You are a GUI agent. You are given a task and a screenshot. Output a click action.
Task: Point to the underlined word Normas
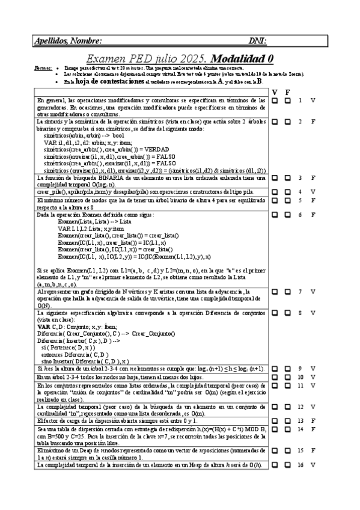(x=43, y=69)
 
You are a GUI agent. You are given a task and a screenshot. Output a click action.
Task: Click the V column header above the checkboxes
(x=275, y=92)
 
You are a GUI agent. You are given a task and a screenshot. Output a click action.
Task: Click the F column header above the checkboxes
(x=288, y=92)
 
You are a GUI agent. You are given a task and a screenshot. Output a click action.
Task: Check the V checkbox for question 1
(x=275, y=100)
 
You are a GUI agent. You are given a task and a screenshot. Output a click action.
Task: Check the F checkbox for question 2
(x=288, y=121)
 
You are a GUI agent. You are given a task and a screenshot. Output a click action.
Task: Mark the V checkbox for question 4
(x=275, y=192)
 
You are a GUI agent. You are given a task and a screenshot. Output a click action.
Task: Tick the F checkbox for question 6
(x=288, y=215)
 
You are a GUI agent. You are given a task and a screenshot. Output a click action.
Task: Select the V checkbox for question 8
(x=275, y=313)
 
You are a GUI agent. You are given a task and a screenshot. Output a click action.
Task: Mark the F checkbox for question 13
(x=288, y=420)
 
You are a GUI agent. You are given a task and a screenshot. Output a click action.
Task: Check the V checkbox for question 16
(x=275, y=465)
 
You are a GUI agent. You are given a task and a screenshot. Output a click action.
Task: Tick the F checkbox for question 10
(x=288, y=376)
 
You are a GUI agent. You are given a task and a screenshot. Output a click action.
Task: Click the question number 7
(x=300, y=292)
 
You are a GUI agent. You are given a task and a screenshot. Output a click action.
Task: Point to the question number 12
(x=300, y=407)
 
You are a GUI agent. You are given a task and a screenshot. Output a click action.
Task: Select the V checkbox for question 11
(x=275, y=385)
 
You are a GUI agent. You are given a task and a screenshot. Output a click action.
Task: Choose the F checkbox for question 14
(x=288, y=429)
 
